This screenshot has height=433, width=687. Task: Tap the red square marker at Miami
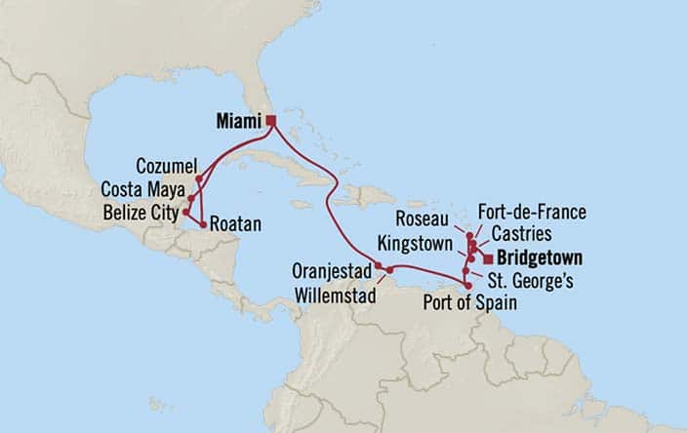point(271,121)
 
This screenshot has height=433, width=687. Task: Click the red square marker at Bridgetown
point(486,258)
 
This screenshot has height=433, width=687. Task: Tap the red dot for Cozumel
point(199,178)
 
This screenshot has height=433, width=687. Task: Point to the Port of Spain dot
point(467,286)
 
